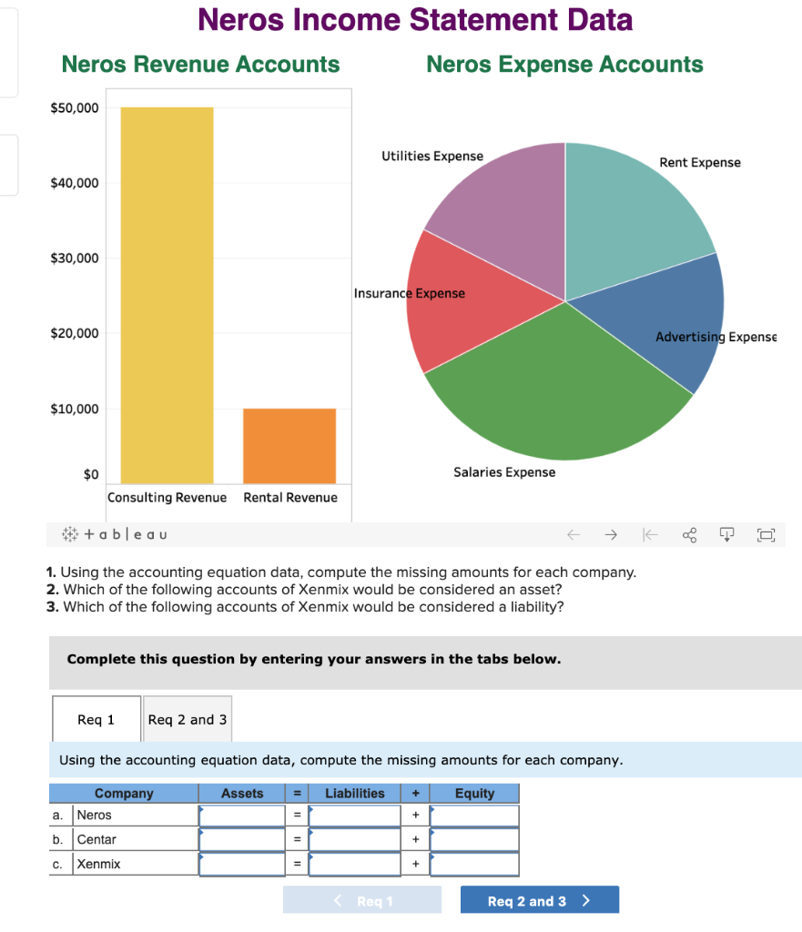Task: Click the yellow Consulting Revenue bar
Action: point(167,295)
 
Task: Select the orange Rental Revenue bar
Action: point(289,446)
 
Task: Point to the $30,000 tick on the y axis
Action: point(75,258)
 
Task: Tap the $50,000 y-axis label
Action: point(75,108)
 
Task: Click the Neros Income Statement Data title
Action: point(415,19)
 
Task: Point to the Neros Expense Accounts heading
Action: point(564,64)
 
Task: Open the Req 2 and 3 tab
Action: point(188,719)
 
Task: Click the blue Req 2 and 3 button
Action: point(539,901)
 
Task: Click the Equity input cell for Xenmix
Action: point(474,864)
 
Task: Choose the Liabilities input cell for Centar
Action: point(355,839)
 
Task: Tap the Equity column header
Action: point(474,794)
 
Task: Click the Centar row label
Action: point(97,839)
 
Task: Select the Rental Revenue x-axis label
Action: point(290,497)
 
